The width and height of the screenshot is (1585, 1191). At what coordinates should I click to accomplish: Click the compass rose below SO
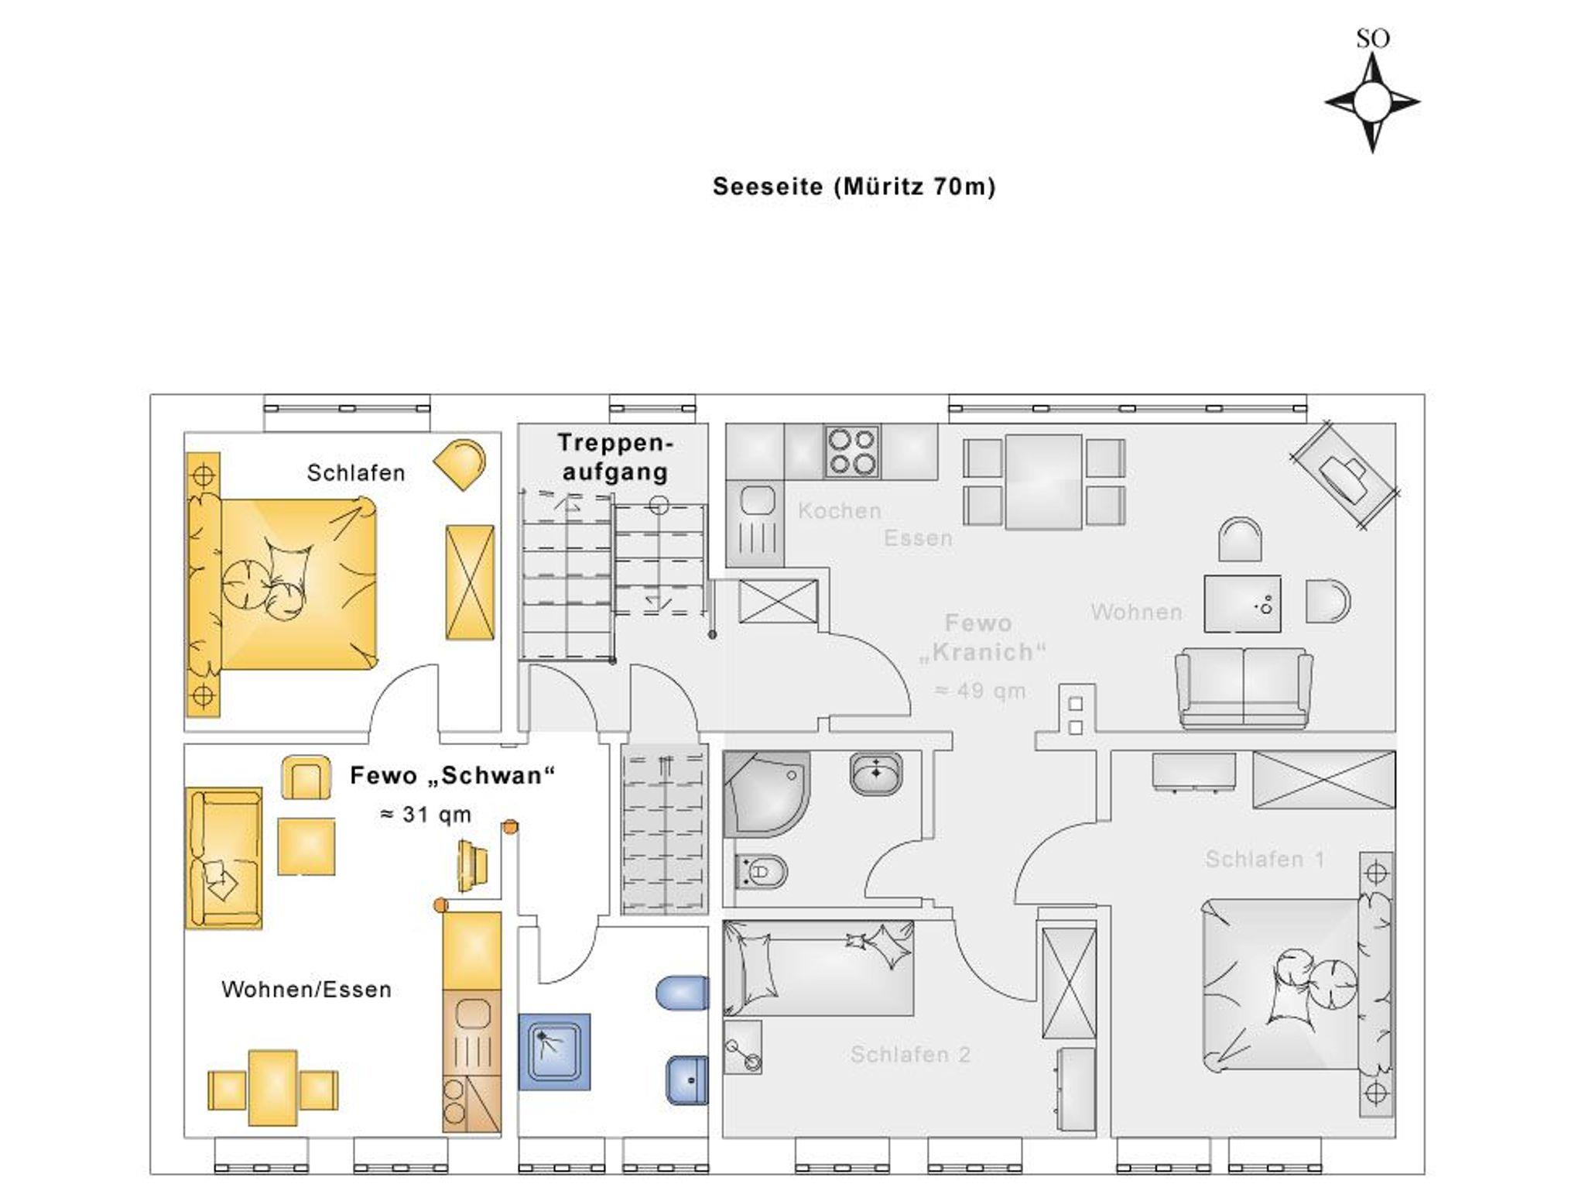[x=1372, y=101]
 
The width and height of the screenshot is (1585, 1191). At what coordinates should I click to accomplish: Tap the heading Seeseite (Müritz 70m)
[x=854, y=187]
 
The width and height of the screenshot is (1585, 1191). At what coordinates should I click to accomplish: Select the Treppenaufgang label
[x=615, y=457]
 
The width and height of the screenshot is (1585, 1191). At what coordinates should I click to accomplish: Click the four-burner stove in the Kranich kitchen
[x=851, y=451]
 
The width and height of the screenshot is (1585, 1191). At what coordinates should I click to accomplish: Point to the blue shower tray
[x=554, y=1051]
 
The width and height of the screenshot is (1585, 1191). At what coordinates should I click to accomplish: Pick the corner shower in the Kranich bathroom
[x=767, y=794]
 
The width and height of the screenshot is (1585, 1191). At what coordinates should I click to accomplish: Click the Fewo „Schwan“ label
[x=453, y=775]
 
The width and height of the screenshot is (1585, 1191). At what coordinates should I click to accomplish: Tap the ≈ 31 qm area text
[x=426, y=815]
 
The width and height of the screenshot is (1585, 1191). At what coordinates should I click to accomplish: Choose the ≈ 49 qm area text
[x=981, y=691]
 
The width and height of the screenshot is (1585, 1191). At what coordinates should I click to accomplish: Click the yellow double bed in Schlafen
[x=282, y=584]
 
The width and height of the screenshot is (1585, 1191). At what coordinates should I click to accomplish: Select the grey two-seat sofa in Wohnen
[x=1244, y=688]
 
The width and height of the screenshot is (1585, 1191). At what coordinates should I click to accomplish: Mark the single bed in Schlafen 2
[x=819, y=968]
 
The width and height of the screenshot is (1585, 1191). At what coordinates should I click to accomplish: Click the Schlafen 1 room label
[x=1265, y=859]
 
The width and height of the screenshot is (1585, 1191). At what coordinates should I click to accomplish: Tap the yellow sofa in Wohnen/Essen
[x=224, y=858]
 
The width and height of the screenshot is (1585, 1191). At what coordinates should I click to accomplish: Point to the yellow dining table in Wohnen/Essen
[x=272, y=1088]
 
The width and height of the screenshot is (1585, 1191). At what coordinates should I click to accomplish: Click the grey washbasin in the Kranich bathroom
[x=875, y=773]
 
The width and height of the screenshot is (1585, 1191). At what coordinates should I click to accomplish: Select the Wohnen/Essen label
[x=306, y=989]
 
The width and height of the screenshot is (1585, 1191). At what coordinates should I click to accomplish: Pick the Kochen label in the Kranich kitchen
[x=840, y=510]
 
